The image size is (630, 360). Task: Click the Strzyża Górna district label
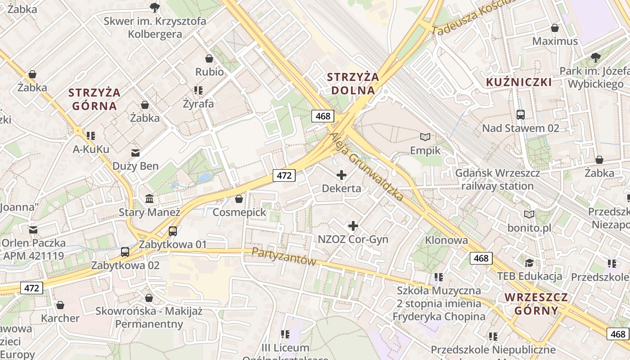coord(94,99)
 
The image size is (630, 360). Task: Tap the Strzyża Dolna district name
coord(353,84)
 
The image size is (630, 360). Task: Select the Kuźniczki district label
coord(519,82)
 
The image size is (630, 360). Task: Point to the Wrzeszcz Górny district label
coord(536,304)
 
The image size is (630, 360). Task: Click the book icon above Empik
coord(425,137)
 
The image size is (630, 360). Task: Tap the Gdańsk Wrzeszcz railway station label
coord(495,180)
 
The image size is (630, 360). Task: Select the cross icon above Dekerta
coord(342,175)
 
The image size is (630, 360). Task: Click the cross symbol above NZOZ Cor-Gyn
coord(353,226)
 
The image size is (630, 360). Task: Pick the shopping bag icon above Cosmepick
coord(239,199)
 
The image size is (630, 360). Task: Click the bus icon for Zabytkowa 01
coord(173,232)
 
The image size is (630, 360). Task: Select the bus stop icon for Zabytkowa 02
coord(125,252)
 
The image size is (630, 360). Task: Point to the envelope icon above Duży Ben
coord(135,153)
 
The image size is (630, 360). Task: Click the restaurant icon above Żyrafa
coord(198,90)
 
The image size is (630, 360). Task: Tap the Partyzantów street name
coord(284,256)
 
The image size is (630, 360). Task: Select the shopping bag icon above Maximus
coord(555,28)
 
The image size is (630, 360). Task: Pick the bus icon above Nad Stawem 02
coord(521,115)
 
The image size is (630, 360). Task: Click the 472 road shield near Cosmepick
coord(284,175)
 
